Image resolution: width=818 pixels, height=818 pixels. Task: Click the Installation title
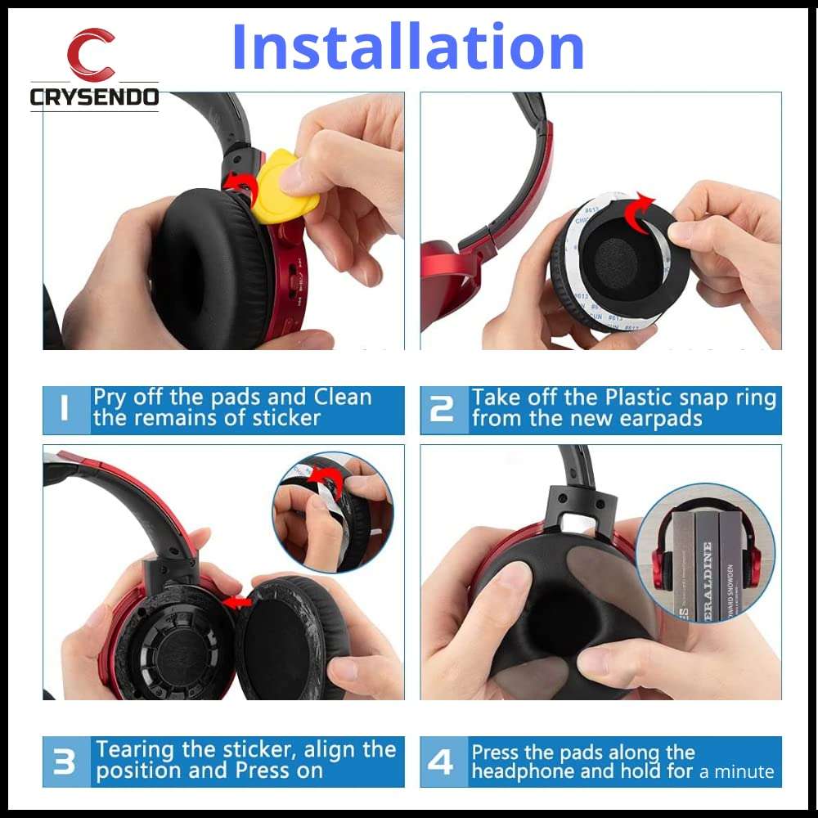click(407, 47)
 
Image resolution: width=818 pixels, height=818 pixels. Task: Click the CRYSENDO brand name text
click(94, 97)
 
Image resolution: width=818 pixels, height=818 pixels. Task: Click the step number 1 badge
click(65, 409)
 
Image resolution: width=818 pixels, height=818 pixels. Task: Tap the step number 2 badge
click(442, 409)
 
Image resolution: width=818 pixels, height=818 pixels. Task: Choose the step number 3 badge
click(65, 761)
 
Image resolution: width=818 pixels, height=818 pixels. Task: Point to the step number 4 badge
click(442, 762)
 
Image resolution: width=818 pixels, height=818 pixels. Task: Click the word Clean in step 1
click(342, 398)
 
